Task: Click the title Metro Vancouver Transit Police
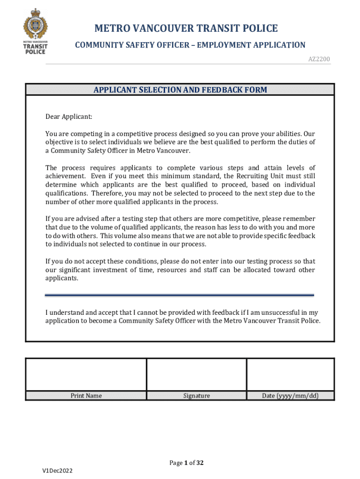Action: click(186, 29)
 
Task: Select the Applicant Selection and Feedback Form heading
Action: click(180, 90)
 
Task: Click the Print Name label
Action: click(86, 396)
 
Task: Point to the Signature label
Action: click(196, 396)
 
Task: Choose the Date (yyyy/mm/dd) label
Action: click(290, 396)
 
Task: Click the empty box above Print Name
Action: click(86, 375)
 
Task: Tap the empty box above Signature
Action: click(196, 375)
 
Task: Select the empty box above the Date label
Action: click(290, 375)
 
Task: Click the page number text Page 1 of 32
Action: click(186, 463)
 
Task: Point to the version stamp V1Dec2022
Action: click(57, 470)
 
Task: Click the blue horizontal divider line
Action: click(180, 295)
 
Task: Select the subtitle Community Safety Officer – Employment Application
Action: click(190, 45)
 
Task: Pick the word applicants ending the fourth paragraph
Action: click(61, 278)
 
